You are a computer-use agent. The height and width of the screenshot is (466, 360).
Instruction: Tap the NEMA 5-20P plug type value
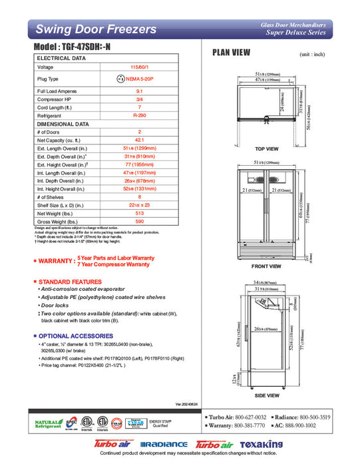coord(140,79)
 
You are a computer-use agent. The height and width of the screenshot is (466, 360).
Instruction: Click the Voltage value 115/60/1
coord(140,67)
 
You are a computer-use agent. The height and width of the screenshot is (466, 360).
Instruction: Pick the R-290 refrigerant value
coord(140,115)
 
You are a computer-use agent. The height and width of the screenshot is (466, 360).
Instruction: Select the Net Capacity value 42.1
coord(140,140)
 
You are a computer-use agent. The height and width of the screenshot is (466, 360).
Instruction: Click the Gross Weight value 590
coord(140,221)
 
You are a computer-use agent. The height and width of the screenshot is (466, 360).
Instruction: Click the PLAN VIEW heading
coord(231,53)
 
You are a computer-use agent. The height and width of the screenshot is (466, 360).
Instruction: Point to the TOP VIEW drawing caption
coord(267,149)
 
